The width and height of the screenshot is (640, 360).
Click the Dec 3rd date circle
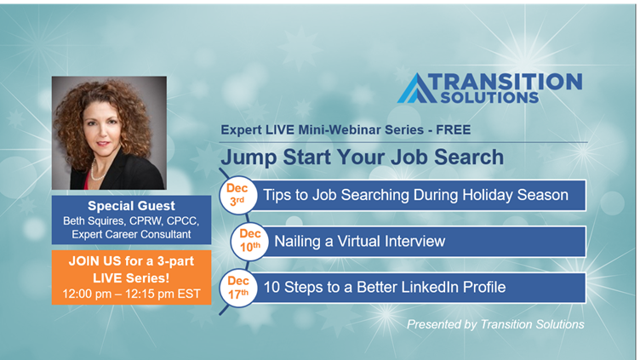(x=238, y=195)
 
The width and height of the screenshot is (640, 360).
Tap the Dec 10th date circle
(x=249, y=241)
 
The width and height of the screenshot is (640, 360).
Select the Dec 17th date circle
(x=238, y=288)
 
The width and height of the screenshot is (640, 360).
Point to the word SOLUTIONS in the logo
(x=489, y=98)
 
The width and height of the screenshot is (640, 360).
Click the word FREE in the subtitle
(x=453, y=130)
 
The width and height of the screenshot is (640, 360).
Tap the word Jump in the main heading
(x=249, y=158)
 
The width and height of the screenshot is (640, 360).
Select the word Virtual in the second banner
(x=359, y=241)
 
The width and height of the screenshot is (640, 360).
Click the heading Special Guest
(x=131, y=206)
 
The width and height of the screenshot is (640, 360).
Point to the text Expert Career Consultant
(x=131, y=234)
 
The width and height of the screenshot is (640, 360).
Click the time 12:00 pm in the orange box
(x=87, y=294)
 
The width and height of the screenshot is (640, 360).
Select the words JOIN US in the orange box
(x=89, y=260)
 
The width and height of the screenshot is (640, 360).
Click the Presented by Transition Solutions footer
(x=495, y=324)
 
